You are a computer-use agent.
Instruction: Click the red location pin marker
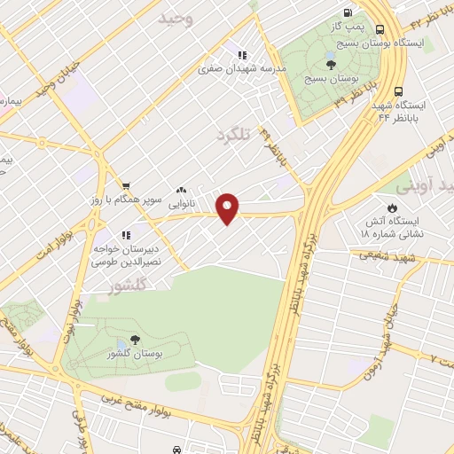229,207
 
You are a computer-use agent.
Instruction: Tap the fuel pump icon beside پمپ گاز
347,12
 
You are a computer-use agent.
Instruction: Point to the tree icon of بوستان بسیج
331,64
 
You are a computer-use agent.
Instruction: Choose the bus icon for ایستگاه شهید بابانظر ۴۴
399,90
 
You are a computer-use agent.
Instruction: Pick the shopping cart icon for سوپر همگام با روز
126,186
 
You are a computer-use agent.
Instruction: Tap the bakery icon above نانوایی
181,189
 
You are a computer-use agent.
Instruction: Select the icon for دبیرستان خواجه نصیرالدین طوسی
126,235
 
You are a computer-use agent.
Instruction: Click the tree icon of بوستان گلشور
135,339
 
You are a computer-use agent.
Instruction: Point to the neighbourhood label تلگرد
234,135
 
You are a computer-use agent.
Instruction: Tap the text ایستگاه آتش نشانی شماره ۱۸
388,225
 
